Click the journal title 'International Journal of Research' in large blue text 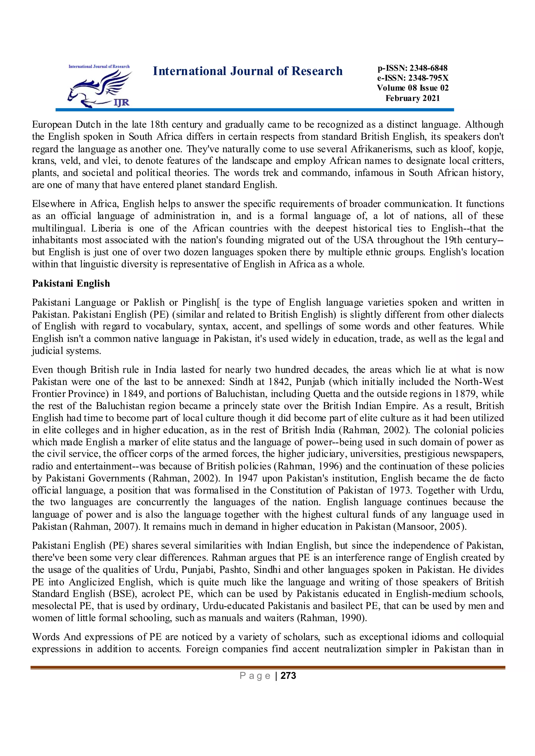pos(248,71)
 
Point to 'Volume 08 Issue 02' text pos(412,88)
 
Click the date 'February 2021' pos(412,98)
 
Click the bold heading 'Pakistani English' pos(71,284)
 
